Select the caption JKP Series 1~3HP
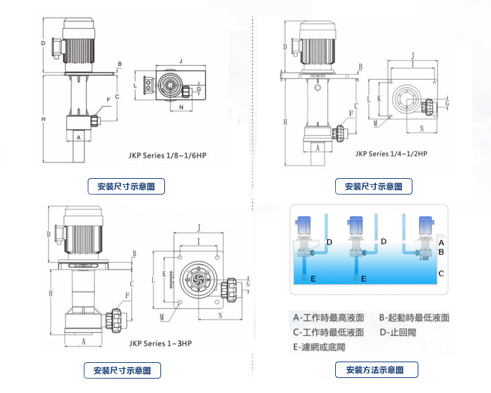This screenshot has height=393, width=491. tap(160, 343)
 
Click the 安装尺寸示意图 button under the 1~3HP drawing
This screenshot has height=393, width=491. tap(122, 371)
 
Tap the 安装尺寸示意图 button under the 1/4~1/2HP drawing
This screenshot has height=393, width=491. tap(374, 187)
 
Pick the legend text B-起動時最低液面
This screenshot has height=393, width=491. tap(414, 318)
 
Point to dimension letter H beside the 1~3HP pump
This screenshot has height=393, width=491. tap(50, 292)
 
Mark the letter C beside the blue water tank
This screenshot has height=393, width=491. tap(441, 273)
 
